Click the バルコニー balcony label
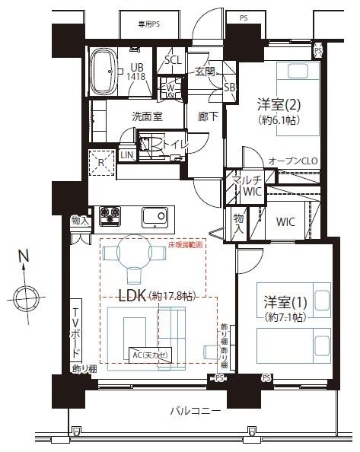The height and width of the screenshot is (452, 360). tap(196, 412)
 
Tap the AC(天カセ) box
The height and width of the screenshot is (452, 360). tap(149, 355)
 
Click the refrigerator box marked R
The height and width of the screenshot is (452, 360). tap(100, 161)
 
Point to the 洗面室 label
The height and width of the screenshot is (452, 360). tap(147, 116)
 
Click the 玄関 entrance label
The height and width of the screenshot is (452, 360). tap(205, 72)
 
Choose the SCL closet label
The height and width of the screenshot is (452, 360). tap(173, 59)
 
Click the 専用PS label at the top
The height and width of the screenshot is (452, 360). tap(148, 24)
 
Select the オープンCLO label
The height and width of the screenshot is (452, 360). tap(292, 161)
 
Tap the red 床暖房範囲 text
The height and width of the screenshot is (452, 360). tap(186, 246)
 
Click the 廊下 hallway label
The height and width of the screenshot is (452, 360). tap(205, 116)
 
